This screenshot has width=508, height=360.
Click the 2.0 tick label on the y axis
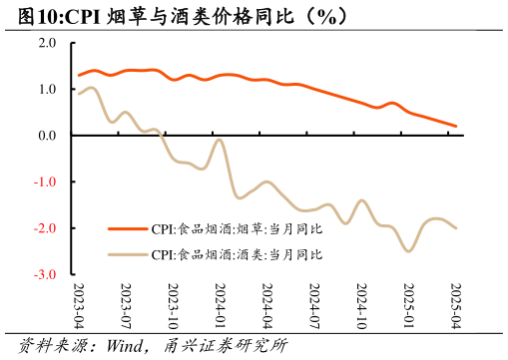(47, 43)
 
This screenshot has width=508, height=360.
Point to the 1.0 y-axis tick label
(47, 89)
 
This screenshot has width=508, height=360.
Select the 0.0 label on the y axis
(47, 136)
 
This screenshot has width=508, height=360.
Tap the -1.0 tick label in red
(46, 181)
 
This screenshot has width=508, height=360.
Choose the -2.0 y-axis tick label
(46, 228)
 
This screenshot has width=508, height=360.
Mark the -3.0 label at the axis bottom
(46, 274)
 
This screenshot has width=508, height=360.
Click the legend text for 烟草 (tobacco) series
(238, 228)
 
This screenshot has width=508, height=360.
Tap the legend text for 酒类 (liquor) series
(238, 254)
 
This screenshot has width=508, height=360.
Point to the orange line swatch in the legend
(127, 228)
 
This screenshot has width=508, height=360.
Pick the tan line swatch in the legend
(127, 254)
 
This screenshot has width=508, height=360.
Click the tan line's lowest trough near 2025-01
(408, 251)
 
